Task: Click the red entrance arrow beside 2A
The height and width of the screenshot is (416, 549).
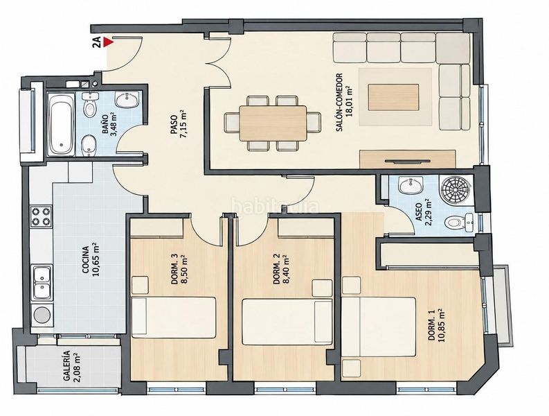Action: pos(109,42)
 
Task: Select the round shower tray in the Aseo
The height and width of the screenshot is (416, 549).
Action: pos(456,191)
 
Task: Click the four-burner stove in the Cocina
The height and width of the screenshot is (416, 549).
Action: pos(41,217)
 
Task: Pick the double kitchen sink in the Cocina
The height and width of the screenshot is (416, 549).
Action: pos(42,283)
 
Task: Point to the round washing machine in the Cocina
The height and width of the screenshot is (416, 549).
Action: pos(42,315)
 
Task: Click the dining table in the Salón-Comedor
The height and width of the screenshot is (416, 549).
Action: pos(273,123)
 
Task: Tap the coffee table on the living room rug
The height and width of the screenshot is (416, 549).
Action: pos(393,97)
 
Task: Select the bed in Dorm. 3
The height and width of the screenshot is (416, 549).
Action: pos(174,318)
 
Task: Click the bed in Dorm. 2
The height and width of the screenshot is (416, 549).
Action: pos(287,322)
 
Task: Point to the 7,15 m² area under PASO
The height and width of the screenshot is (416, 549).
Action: pos(182,124)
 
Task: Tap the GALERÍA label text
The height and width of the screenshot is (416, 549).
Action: pos(66,366)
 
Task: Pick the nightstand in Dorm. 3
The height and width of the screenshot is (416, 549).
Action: pos(141,285)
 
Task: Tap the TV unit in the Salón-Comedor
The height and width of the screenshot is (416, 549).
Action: pos(408,159)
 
